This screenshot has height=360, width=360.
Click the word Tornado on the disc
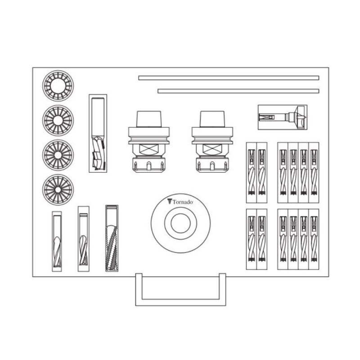point(183,202)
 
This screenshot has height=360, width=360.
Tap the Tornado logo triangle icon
point(170,202)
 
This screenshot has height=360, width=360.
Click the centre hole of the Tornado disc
point(181,223)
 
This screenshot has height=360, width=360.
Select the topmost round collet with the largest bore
point(58,85)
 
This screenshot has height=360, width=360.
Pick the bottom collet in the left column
point(58,189)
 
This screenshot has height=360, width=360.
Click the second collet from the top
point(58,120)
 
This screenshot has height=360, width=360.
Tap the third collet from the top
point(58,155)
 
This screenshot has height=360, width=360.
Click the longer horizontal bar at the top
point(229,78)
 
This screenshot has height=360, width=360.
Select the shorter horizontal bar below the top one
point(238,91)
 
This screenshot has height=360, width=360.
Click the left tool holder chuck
point(149,142)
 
